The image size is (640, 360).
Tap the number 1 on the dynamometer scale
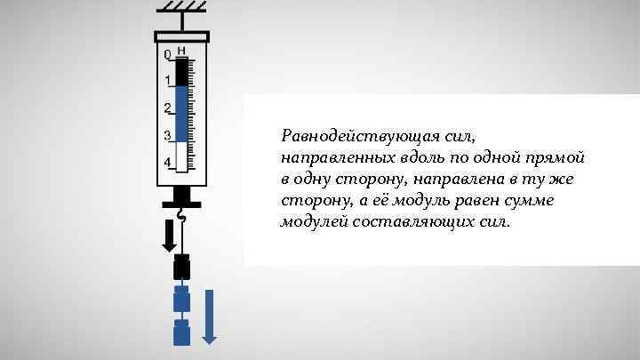167,82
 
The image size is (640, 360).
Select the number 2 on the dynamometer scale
167,108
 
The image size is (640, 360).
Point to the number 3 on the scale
167,135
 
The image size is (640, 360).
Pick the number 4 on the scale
167,163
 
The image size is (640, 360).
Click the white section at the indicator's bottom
182,156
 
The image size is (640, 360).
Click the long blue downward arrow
210,315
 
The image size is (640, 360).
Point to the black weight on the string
182,268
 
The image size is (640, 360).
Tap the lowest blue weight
182,333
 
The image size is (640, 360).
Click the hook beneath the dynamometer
182,214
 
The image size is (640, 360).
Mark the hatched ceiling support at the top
182,8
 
